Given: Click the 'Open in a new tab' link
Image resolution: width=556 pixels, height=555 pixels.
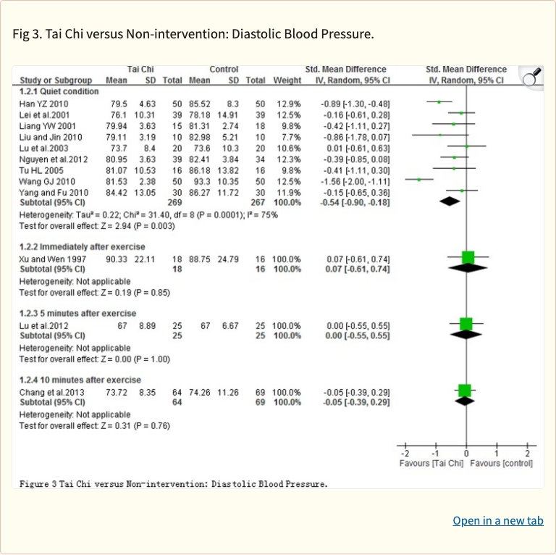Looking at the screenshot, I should click(x=497, y=521).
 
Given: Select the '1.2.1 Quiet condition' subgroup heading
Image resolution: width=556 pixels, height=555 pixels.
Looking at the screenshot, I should click(x=59, y=92).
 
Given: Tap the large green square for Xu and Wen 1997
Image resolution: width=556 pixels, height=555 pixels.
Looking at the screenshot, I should click(x=468, y=257).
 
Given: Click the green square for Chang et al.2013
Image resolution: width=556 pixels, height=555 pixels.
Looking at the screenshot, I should click(x=464, y=391).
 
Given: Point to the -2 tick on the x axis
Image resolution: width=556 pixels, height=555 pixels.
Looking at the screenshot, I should click(x=405, y=453).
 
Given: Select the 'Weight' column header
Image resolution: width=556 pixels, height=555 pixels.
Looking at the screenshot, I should click(x=287, y=80).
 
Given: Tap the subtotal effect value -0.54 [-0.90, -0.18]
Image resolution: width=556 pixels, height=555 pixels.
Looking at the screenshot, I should click(x=355, y=203).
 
